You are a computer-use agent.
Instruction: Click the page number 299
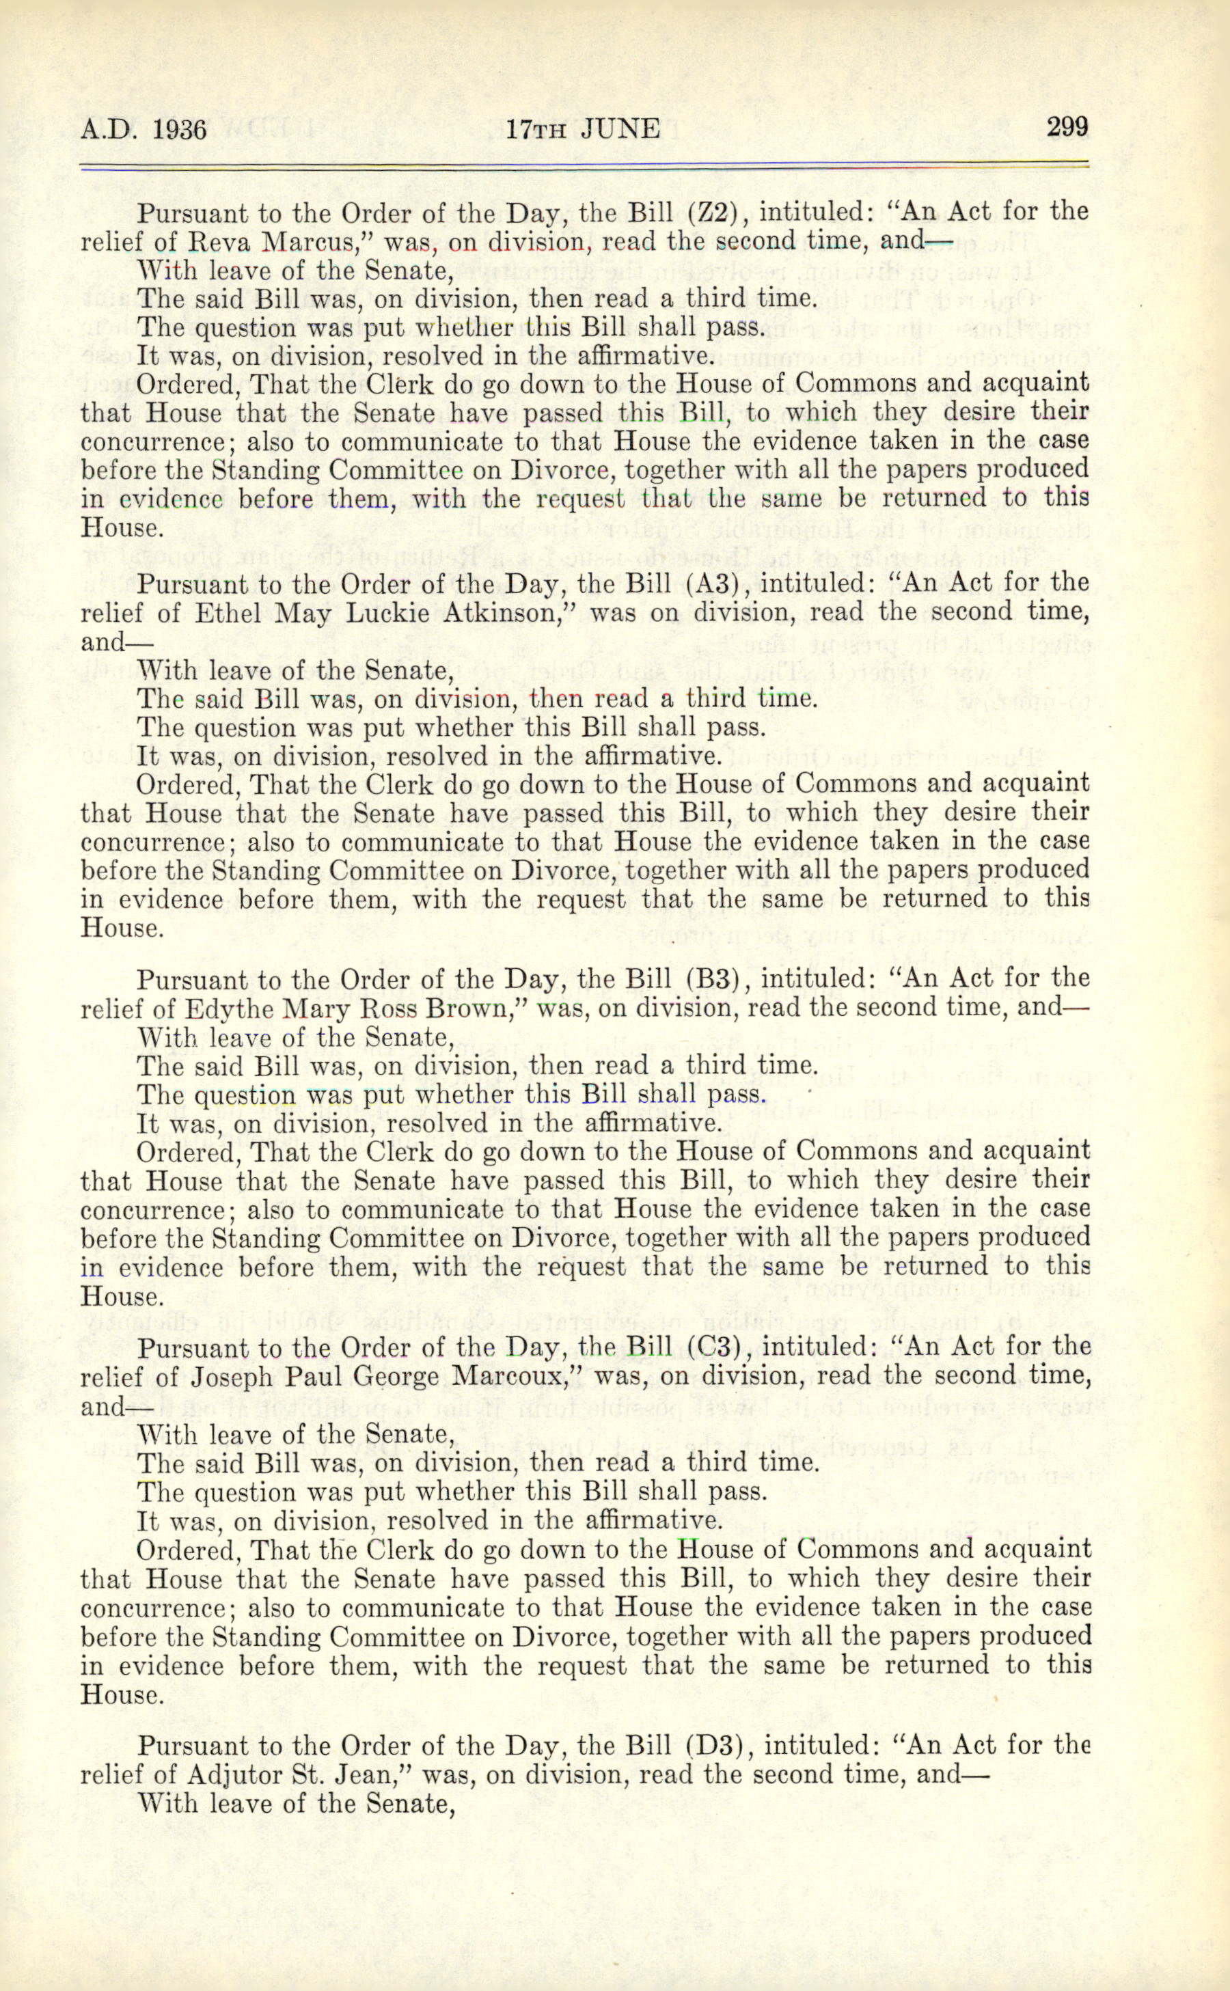coord(1067,128)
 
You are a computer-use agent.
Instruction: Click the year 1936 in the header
coord(179,130)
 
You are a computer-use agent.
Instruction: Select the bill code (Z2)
coord(713,212)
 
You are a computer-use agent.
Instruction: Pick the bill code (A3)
coord(713,582)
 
